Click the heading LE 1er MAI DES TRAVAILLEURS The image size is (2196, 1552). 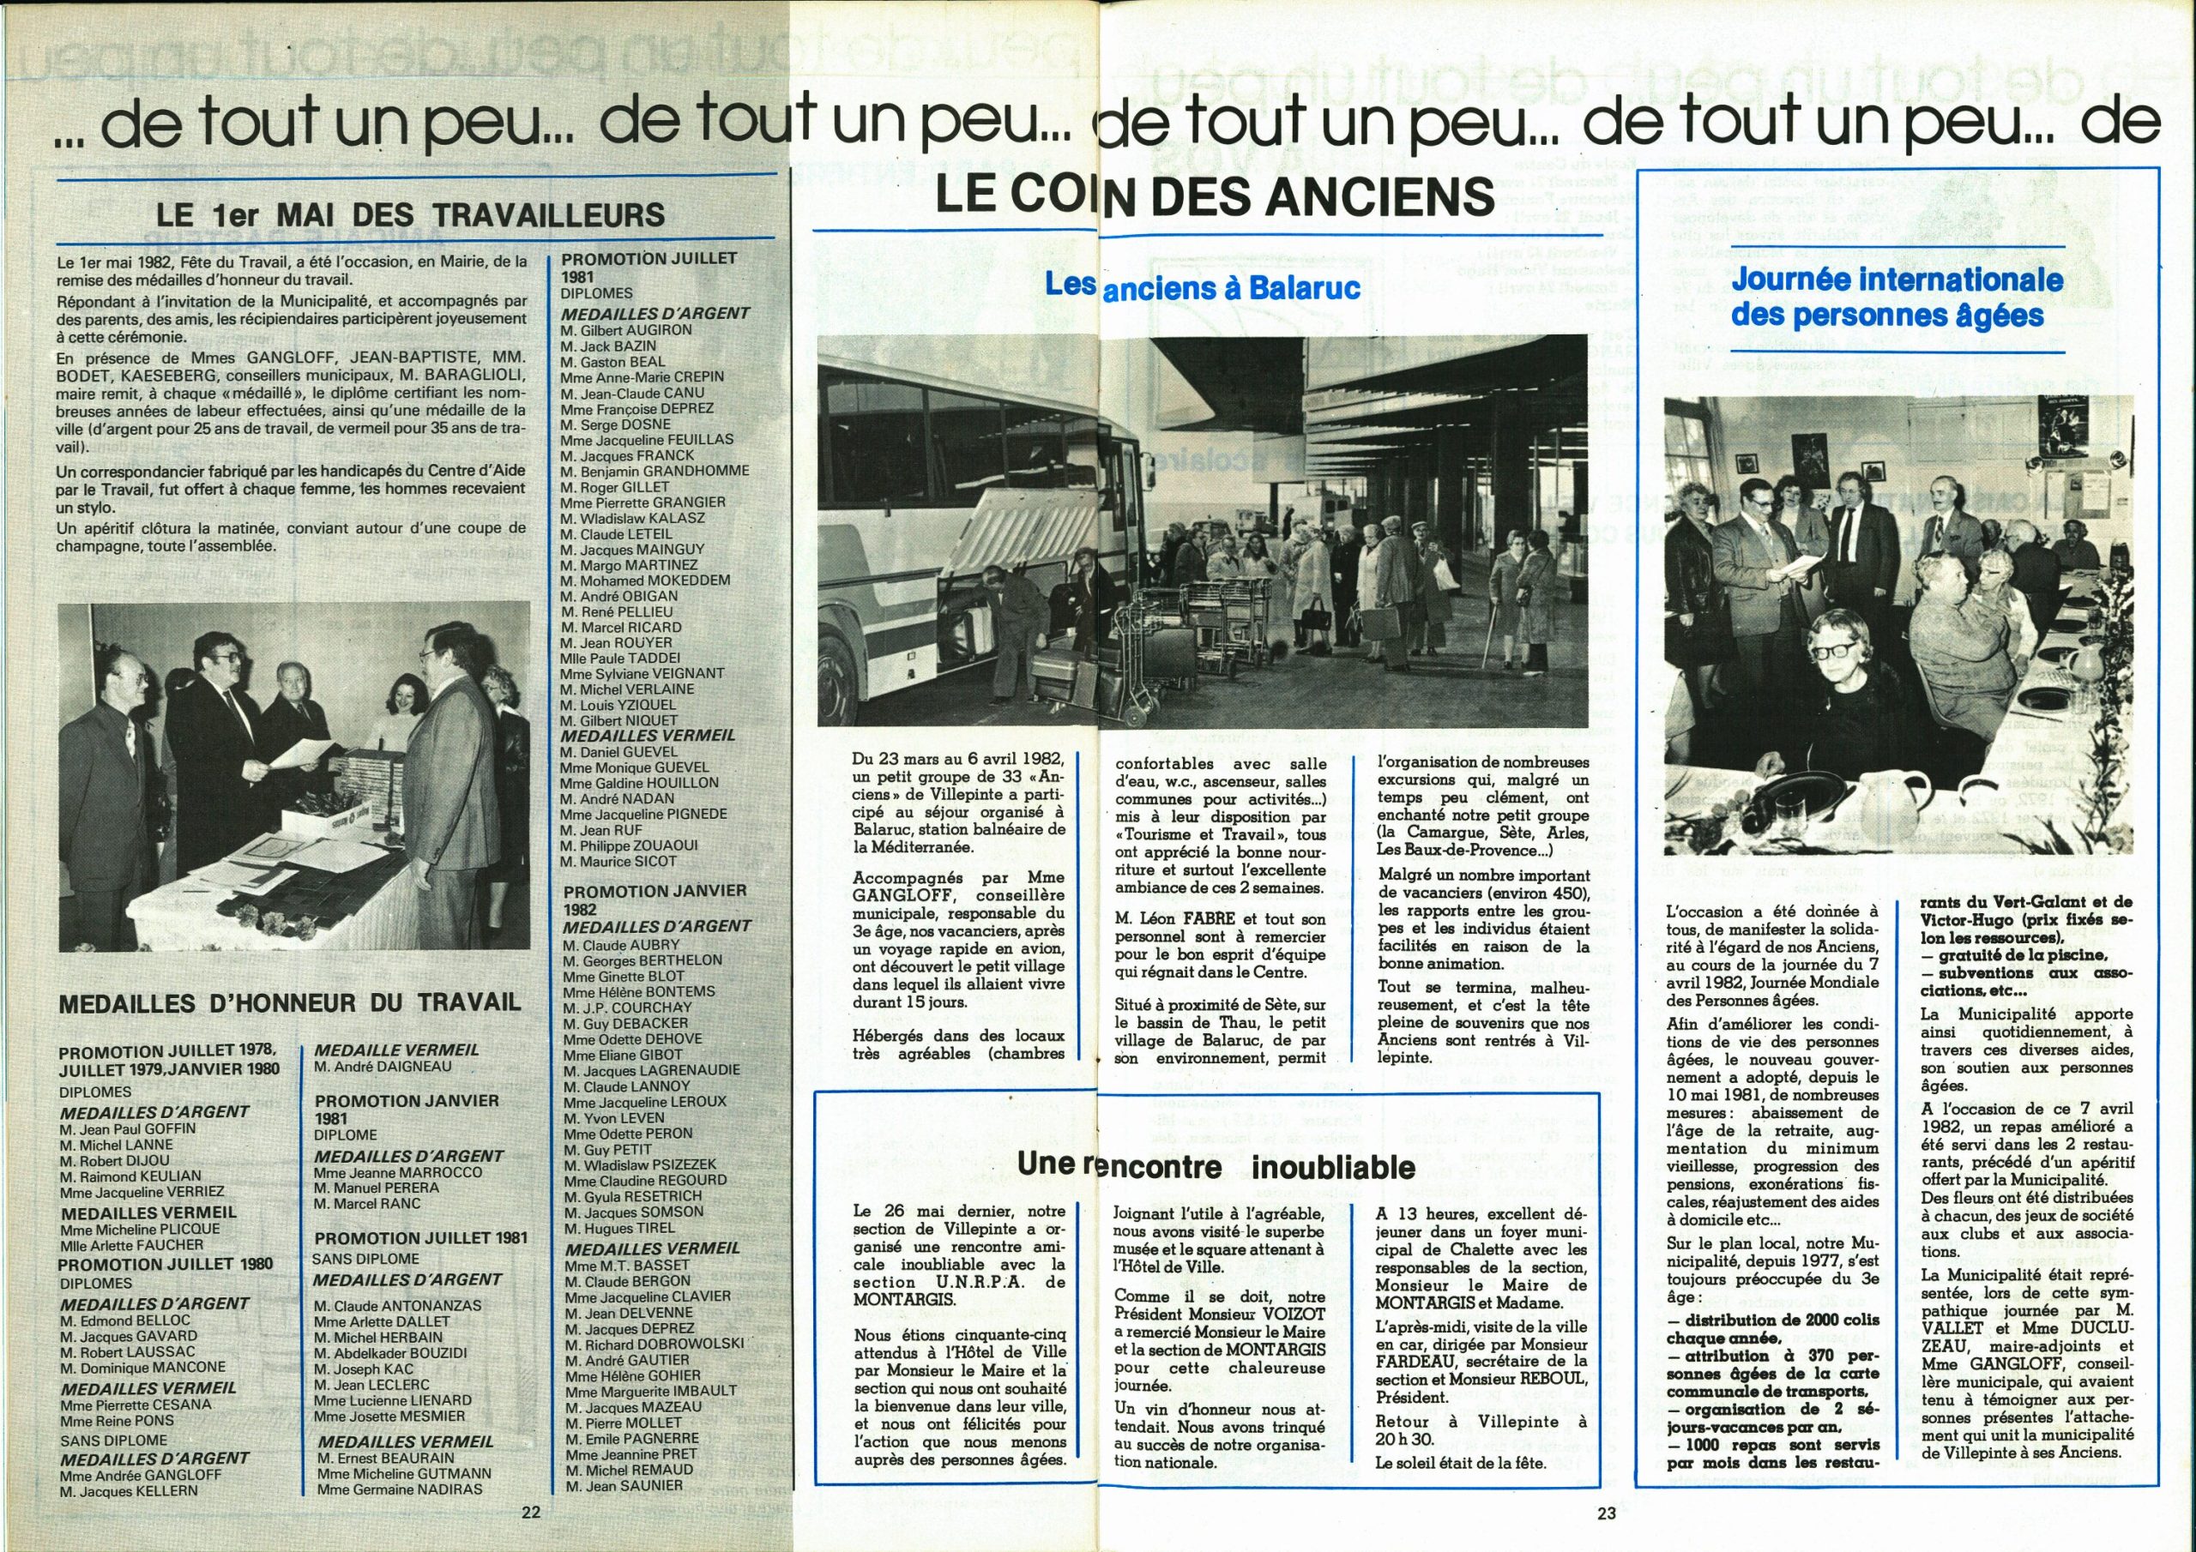pos(410,214)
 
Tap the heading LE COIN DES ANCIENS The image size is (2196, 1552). pos(1214,197)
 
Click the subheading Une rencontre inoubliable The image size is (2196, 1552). pos(1215,1165)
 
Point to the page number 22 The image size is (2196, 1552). pos(532,1512)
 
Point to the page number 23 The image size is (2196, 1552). pos(1606,1513)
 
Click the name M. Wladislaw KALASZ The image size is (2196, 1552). pos(632,518)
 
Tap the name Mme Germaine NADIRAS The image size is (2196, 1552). pos(400,1489)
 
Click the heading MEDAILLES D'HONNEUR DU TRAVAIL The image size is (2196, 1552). pos(290,1003)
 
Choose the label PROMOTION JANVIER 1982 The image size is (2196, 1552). pos(655,899)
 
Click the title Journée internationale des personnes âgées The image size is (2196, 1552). pos(1897,298)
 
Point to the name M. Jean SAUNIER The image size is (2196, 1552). pos(624,1485)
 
